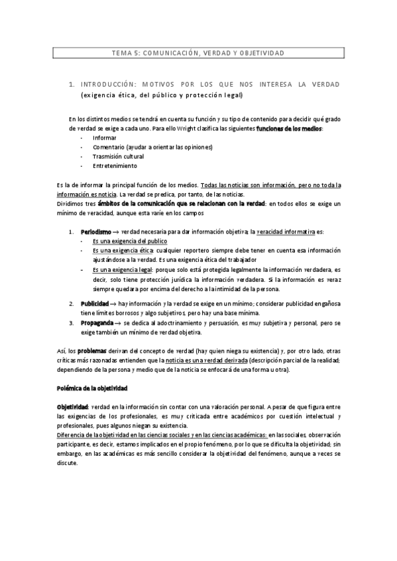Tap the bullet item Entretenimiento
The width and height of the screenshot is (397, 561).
point(115,165)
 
